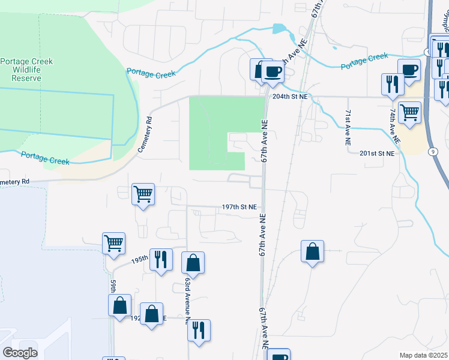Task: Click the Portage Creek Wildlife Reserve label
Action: tap(26, 70)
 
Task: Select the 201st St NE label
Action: tap(377, 154)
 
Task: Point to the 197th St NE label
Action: tap(239, 206)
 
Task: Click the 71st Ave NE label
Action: tap(348, 128)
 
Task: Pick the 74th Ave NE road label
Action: tap(394, 125)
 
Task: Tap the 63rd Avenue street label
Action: tap(188, 296)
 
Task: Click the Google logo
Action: tap(20, 352)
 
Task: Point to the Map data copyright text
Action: tap(424, 355)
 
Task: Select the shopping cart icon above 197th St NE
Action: tap(143, 194)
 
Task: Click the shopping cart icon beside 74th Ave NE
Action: tap(410, 112)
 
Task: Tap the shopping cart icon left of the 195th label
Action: tap(113, 243)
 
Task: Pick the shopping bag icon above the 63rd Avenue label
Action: tap(193, 262)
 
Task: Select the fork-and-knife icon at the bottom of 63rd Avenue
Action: tap(199, 329)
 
